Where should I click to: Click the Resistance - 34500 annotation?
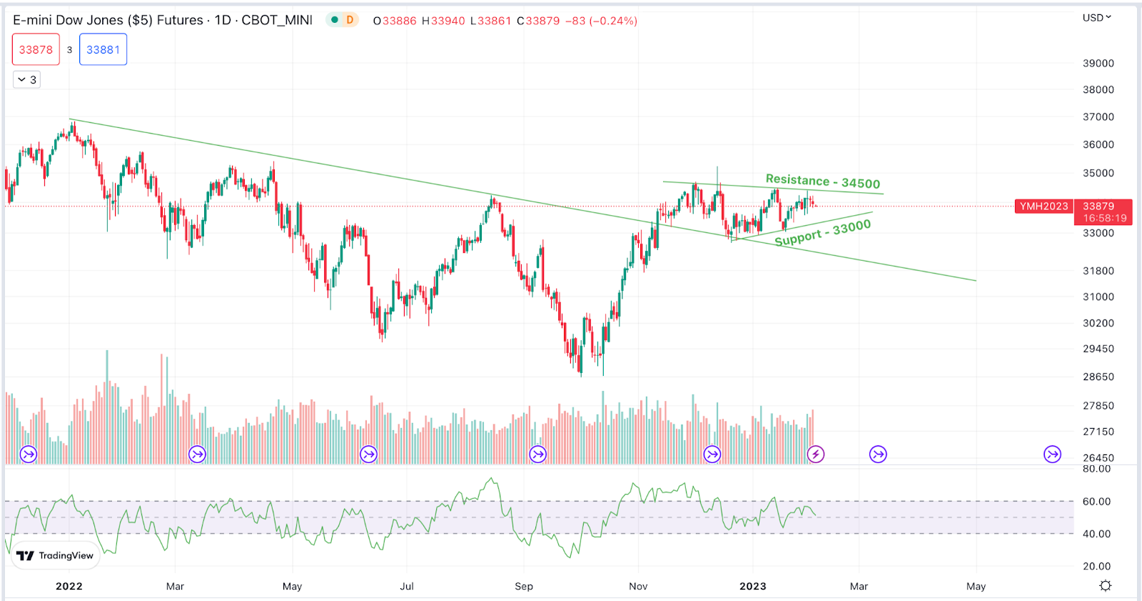[x=822, y=182]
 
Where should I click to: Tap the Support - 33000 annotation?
[x=822, y=233]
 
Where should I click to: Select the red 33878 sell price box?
[x=36, y=50]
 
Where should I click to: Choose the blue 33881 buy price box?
[x=103, y=50]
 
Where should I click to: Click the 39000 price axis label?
[x=1098, y=64]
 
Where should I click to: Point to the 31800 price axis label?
[x=1098, y=271]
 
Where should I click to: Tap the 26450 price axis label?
[x=1098, y=458]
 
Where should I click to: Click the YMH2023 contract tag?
[x=1044, y=207]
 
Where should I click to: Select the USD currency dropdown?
[x=1096, y=18]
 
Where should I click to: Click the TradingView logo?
[x=56, y=555]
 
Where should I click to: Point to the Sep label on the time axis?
[x=524, y=587]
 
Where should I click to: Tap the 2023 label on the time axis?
[x=752, y=587]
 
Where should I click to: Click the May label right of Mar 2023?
[x=976, y=587]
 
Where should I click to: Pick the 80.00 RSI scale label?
[x=1096, y=470]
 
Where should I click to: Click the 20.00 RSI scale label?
[x=1096, y=567]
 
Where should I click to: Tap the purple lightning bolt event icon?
[x=815, y=454]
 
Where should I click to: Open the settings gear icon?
[x=1105, y=586]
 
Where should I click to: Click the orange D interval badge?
[x=350, y=20]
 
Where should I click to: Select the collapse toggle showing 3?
[x=26, y=79]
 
